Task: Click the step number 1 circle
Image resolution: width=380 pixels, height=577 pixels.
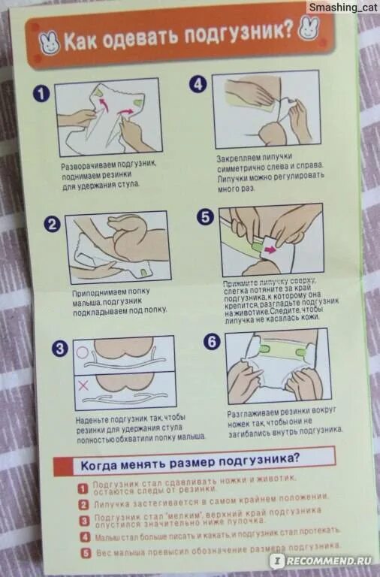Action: click(x=41, y=93)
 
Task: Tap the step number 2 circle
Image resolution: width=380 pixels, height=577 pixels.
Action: click(x=53, y=224)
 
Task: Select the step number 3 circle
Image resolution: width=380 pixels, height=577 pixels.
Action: click(x=60, y=348)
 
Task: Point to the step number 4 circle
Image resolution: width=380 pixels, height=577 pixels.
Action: click(x=198, y=84)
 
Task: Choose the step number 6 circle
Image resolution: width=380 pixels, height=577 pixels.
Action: click(x=213, y=342)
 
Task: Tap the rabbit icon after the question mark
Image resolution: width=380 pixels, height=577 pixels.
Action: click(x=308, y=29)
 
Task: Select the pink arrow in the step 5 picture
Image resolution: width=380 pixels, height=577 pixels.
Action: click(x=271, y=250)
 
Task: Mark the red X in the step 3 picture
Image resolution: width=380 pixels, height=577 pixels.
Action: click(x=83, y=385)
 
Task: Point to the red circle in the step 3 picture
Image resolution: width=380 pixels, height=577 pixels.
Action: click(x=82, y=353)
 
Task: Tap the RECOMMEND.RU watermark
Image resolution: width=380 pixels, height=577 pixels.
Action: click(x=324, y=560)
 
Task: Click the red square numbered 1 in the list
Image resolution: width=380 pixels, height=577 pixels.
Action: click(x=83, y=488)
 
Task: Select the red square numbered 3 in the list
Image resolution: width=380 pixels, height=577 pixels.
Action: click(x=85, y=521)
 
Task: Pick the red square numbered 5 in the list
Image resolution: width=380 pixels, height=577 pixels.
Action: click(x=86, y=553)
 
